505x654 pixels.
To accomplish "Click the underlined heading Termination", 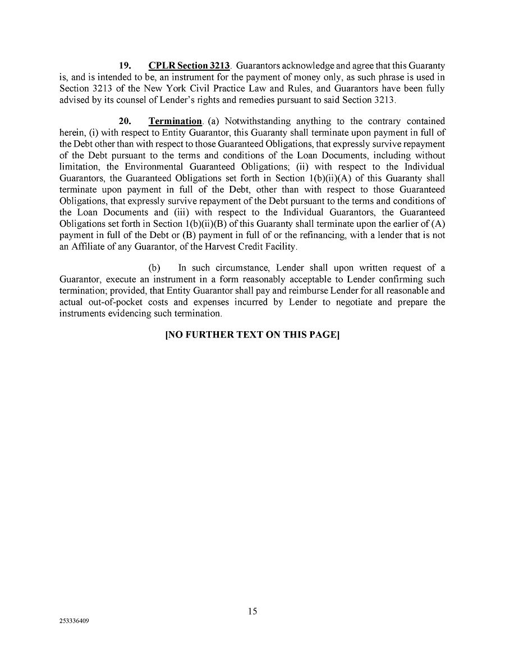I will coord(175,121).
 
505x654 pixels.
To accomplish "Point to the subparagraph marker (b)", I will coord(153,268).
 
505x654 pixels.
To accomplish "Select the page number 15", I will coord(252,611).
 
